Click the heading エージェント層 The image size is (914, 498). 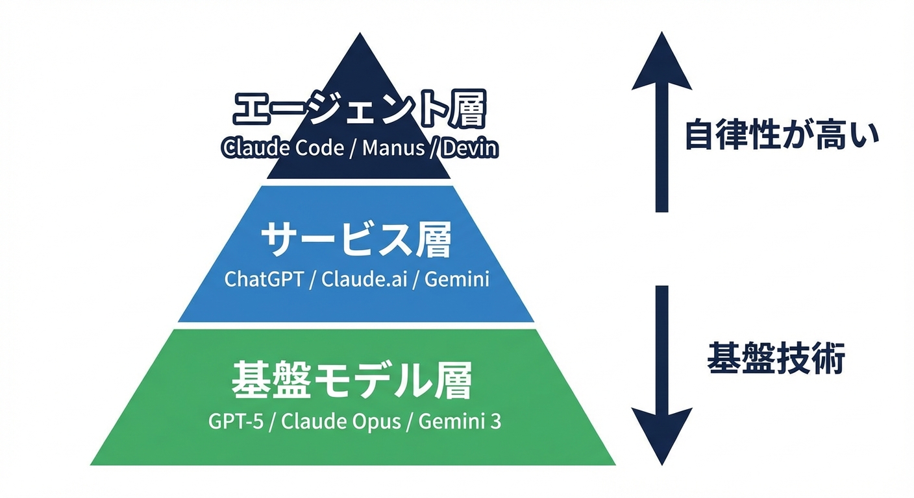click(x=359, y=111)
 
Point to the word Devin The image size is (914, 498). click(x=470, y=148)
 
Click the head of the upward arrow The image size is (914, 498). click(x=661, y=62)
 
